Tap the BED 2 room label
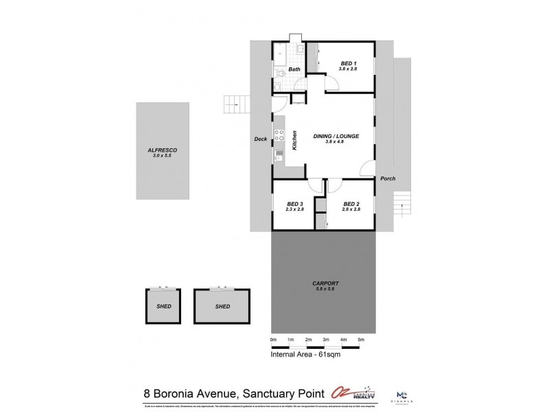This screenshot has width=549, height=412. coord(351,203)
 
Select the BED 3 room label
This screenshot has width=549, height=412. coord(294,203)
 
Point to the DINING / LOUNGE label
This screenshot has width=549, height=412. coord(337,136)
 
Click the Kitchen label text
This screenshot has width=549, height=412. coord(294,140)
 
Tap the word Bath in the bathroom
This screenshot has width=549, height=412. coord(294,69)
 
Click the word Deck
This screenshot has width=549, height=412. coord(260,139)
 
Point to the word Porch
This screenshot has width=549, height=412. coord(388,178)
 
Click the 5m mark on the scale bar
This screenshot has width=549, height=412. coord(361,340)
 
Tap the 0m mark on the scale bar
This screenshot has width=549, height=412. coord(273,340)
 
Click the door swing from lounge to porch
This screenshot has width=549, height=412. coord(369,168)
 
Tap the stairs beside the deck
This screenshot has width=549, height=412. coord(234,104)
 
